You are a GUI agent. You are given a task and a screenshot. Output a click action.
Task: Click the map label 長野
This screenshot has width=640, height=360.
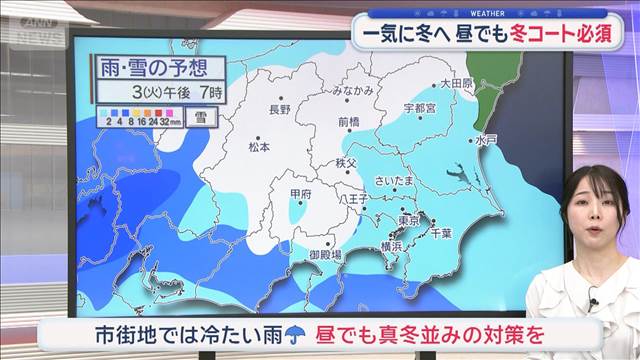pos(280,108)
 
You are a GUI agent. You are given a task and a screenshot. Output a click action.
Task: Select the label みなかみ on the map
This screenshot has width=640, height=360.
pos(354,91)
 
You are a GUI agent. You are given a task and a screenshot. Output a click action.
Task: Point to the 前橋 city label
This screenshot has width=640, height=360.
pos(349,122)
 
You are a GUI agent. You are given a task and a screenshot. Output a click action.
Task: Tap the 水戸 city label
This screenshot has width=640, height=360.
pos(487,140)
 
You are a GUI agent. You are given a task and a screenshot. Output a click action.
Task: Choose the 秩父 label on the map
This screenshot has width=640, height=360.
pos(346,162)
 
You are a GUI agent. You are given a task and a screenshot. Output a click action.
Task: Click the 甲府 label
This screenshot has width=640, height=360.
pos(299,194)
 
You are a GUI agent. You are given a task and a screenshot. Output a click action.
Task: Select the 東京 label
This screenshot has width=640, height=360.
pos(407,221)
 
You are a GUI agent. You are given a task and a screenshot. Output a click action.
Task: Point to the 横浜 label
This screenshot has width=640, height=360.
pos(390,246)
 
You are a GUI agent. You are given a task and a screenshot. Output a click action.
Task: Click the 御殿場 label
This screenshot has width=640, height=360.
pos(325,256)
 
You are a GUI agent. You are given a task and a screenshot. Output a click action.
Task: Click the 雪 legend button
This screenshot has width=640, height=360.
pos(201,118)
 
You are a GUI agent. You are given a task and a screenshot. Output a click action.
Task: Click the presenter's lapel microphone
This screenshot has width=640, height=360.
pos(593,297)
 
